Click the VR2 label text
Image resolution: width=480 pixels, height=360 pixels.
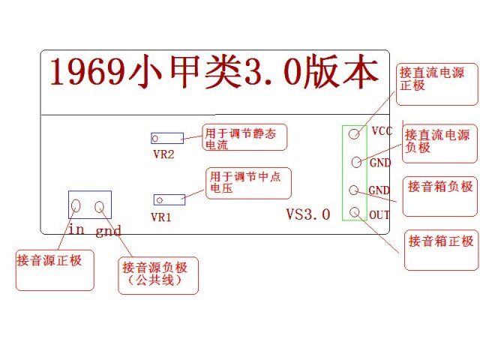pos(163,154)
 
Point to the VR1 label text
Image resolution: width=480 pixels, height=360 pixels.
pos(161,217)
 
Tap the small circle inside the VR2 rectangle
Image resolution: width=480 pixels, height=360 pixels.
pos(155,139)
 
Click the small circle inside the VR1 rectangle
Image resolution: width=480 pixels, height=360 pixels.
pos(160,200)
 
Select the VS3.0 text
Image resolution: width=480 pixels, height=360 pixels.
pos(308,214)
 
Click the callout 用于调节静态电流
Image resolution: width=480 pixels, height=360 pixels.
pos(244,137)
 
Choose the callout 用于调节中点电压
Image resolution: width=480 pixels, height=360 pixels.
pos(248,183)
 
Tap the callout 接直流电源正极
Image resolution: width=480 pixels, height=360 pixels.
pos(436,84)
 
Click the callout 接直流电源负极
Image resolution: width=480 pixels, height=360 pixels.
pos(440,143)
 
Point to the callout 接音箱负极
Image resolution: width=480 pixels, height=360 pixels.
pos(440,196)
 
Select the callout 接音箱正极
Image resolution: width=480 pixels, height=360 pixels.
pos(441,250)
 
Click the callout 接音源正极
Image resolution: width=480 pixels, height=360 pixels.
pos(55,270)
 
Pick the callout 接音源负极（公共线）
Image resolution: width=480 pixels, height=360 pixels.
pos(158,275)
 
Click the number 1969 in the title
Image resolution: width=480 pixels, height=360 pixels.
pos(87,72)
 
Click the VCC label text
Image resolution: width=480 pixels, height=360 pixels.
pos(382,131)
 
